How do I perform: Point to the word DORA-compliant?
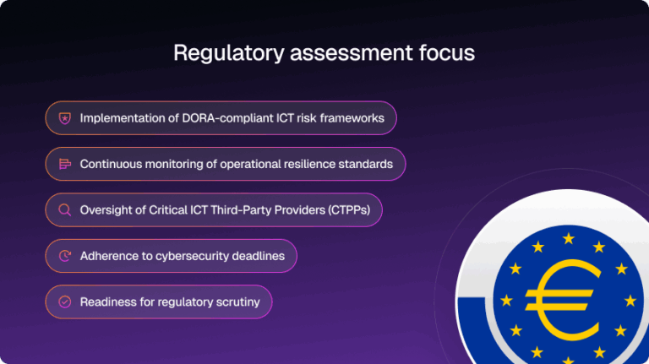coord(214,118)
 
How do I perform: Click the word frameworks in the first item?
coord(350,118)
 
